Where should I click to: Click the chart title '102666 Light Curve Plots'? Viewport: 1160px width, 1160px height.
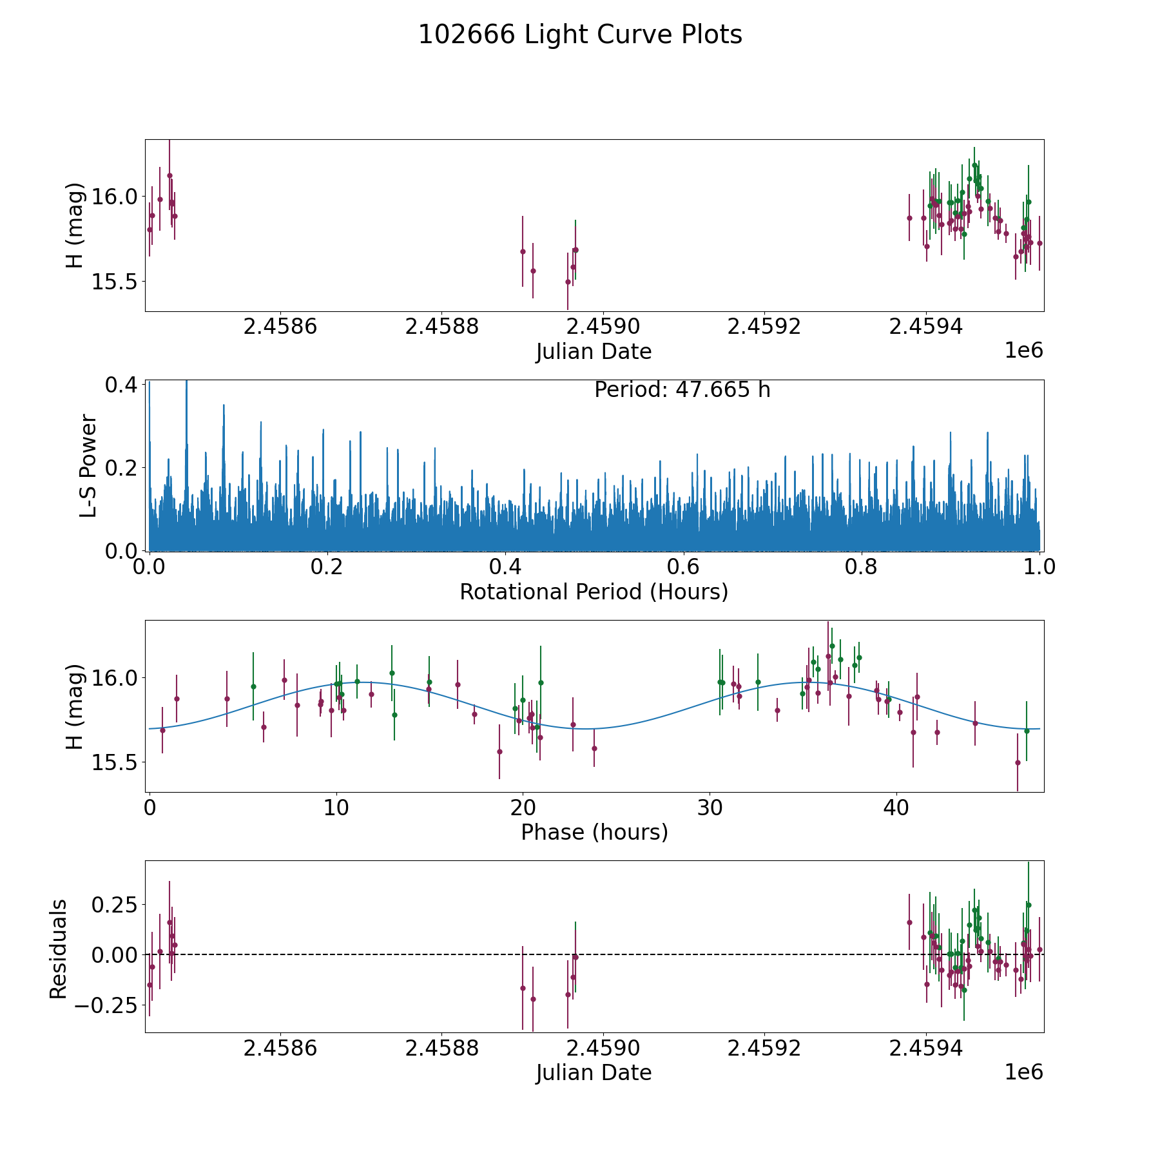(580, 35)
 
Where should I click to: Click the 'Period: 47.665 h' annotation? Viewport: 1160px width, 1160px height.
(682, 390)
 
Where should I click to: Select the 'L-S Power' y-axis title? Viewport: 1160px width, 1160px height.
(88, 465)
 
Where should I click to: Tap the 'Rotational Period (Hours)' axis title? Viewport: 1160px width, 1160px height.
(594, 592)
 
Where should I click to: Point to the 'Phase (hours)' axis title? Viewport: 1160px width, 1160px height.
(594, 832)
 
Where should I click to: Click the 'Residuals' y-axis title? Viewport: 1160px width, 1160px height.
(59, 949)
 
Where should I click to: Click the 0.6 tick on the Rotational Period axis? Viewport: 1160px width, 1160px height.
(683, 567)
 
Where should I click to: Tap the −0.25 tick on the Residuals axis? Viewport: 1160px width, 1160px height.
(107, 1005)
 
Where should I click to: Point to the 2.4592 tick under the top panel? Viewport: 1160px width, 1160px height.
(764, 327)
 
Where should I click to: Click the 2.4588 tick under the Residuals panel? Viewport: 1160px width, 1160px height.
(442, 1048)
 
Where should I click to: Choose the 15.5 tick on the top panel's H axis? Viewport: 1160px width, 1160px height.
(115, 282)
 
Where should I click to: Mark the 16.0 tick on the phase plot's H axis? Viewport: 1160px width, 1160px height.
(115, 677)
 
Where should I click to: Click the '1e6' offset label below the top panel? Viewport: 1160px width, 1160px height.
(1023, 351)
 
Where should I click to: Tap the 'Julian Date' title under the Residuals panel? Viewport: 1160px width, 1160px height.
(594, 1073)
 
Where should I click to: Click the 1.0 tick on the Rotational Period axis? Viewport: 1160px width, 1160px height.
(1039, 567)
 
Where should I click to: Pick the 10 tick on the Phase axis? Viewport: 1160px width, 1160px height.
(336, 807)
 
